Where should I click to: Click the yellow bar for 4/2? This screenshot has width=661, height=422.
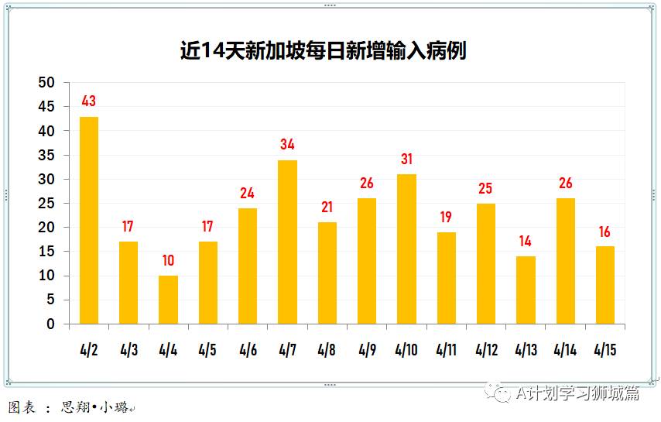[89, 221]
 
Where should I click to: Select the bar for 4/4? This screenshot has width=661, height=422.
[168, 300]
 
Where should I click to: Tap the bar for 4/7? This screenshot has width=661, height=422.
[287, 242]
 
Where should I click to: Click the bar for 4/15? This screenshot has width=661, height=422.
[604, 285]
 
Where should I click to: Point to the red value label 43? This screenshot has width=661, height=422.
[89, 101]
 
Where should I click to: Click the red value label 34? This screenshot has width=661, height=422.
[287, 144]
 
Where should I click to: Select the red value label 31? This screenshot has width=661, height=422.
[406, 159]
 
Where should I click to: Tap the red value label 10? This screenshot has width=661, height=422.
[168, 260]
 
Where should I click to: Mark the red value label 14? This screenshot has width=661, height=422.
[526, 241]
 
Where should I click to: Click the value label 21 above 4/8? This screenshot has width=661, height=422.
[327, 208]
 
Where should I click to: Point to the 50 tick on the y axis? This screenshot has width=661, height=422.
[47, 83]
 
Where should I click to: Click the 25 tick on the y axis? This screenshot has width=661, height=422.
[47, 204]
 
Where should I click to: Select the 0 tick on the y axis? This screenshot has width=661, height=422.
[51, 324]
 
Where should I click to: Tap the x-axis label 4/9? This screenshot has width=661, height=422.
[367, 349]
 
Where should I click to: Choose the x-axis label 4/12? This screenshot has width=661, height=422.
[486, 349]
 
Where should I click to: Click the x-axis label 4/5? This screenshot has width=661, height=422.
[207, 349]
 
